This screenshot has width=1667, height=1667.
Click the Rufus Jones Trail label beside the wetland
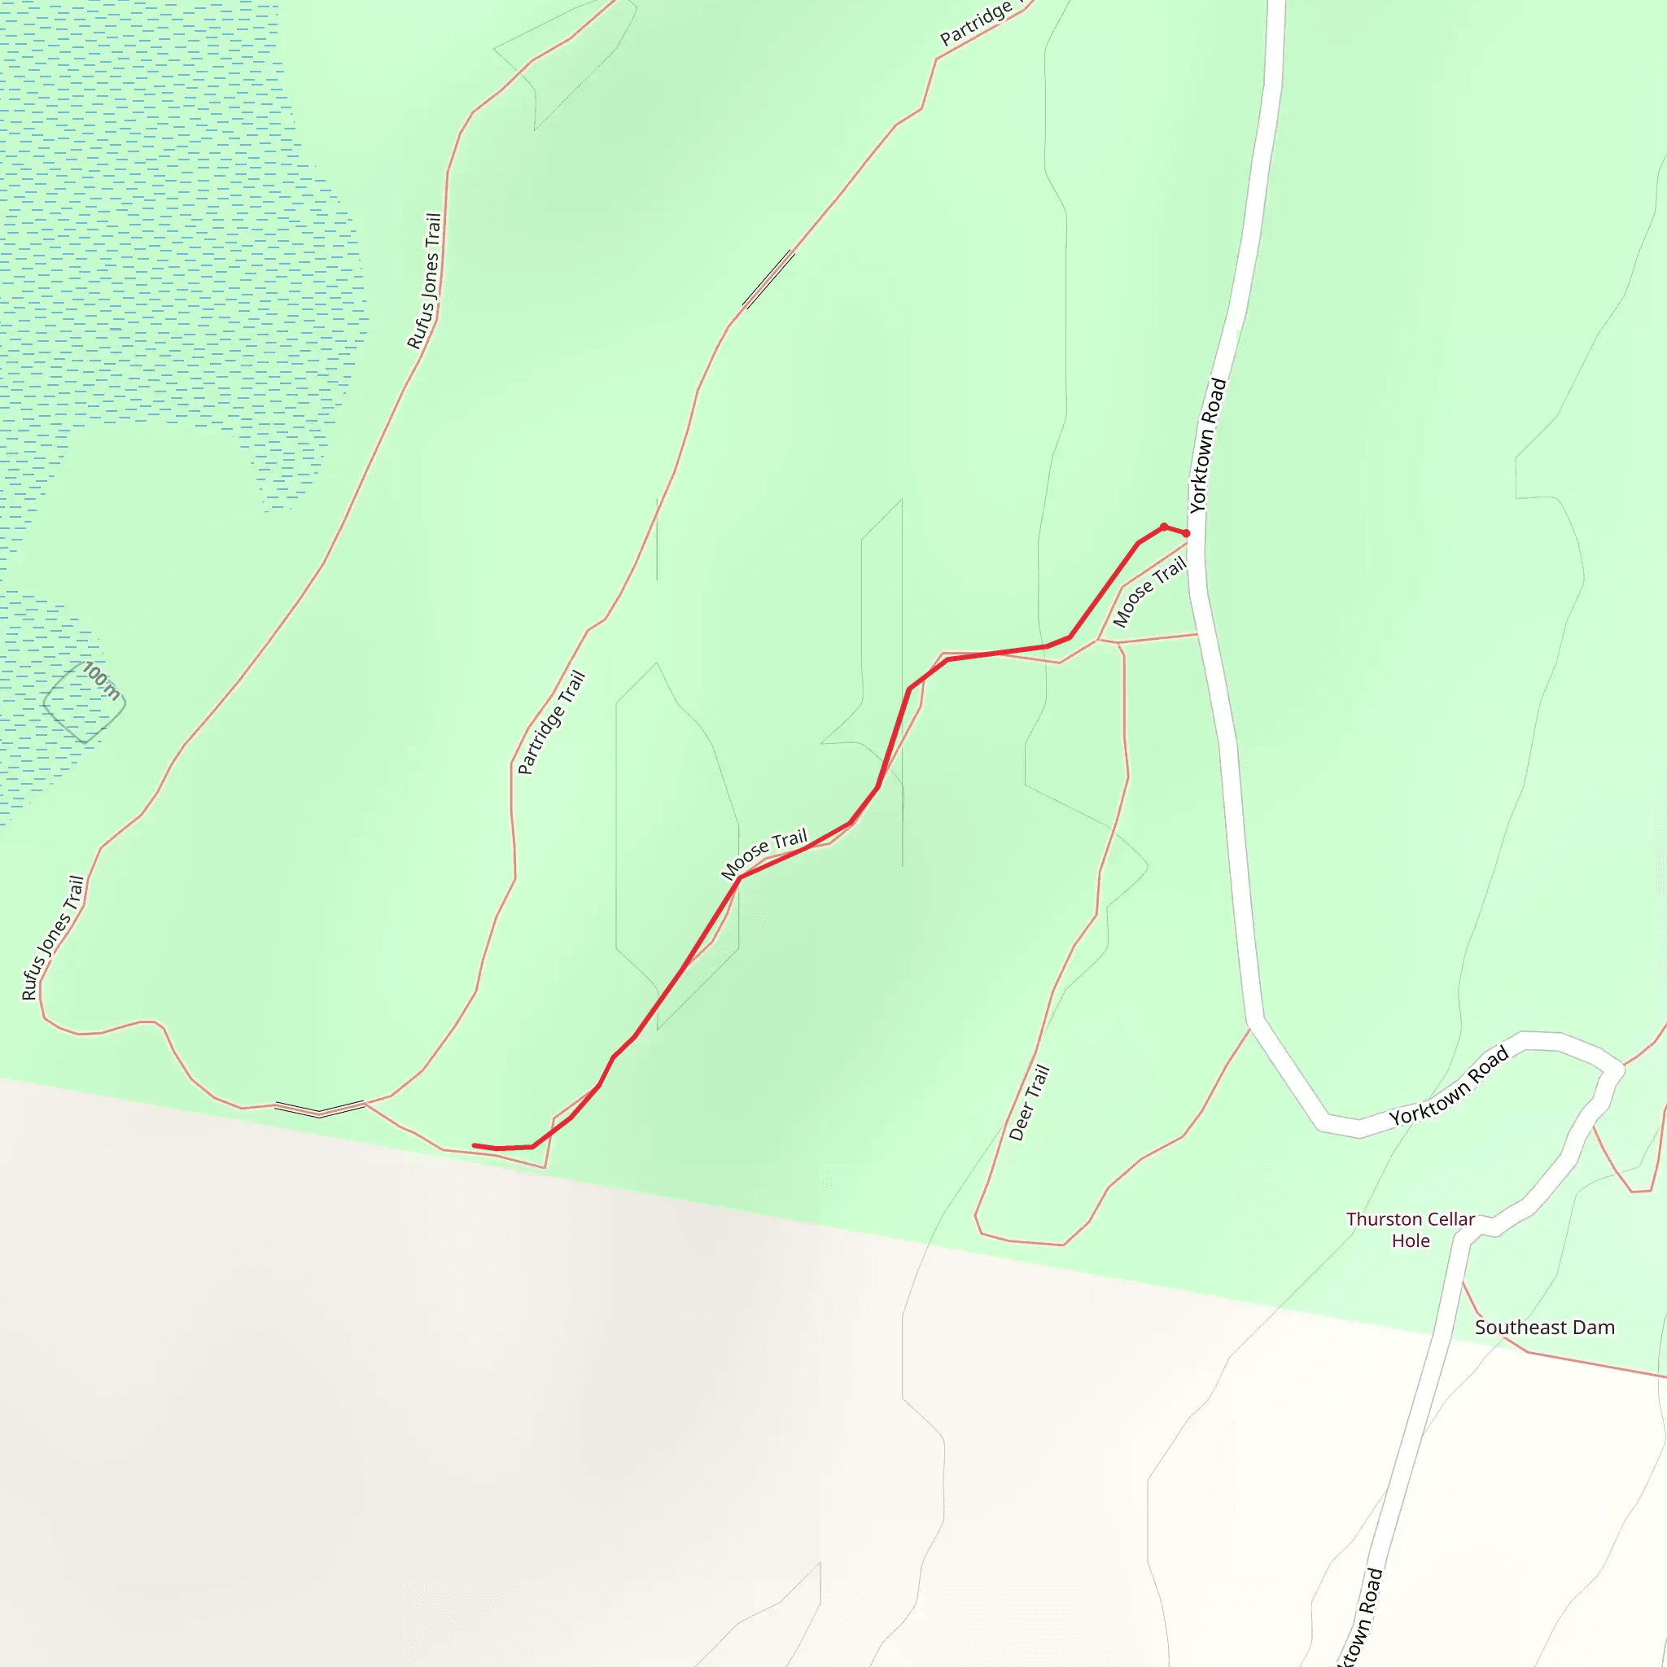tap(425, 282)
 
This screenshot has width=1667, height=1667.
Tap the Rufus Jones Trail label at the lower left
tap(53, 938)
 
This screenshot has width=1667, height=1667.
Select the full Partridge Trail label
tap(551, 722)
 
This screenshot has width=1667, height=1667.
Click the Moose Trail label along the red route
tap(764, 853)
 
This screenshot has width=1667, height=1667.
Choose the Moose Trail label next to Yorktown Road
tap(1149, 592)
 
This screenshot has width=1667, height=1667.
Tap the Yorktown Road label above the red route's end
tap(1207, 445)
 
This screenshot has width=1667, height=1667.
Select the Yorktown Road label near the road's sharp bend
tap(1449, 1087)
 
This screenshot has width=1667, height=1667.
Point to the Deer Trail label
tap(1030, 1103)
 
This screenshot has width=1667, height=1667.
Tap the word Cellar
tap(1451, 1219)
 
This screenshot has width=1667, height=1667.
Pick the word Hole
tap(1411, 1240)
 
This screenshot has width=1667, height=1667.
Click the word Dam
tap(1595, 1328)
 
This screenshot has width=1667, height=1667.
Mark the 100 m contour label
tap(101, 680)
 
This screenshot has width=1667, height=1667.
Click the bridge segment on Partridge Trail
tap(768, 278)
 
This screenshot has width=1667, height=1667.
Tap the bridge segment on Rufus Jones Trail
tap(319, 1109)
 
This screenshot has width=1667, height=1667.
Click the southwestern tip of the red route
tap(475, 1146)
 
